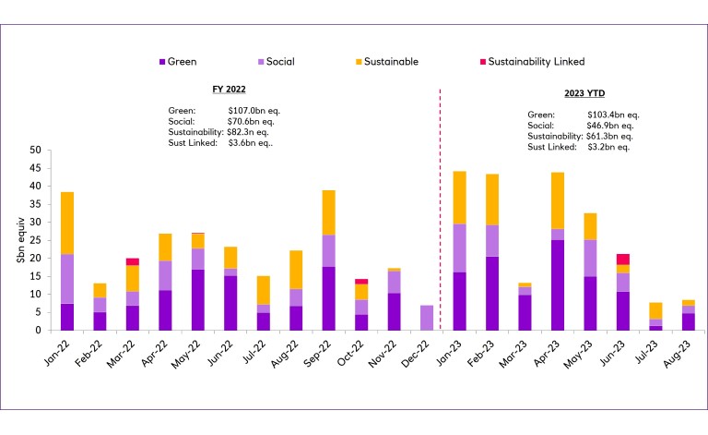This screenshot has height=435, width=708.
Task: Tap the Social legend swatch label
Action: click(x=281, y=62)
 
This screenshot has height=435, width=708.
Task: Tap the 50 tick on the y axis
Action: click(x=36, y=150)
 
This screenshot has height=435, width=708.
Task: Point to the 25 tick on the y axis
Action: click(x=36, y=240)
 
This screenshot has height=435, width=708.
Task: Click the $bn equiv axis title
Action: click(x=20, y=240)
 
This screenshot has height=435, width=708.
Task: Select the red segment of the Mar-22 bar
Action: click(x=133, y=261)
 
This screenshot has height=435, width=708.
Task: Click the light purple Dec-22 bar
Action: click(x=426, y=317)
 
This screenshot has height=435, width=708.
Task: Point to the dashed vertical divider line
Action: click(x=440, y=212)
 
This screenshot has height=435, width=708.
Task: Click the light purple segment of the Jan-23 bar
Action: click(x=458, y=248)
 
